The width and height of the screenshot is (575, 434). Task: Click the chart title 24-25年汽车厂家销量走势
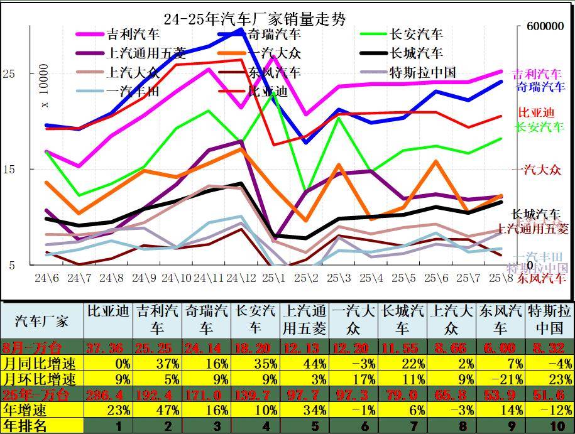[x=254, y=19]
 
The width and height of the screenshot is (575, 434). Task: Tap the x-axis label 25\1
[x=273, y=278]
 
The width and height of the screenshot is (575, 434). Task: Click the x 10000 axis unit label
[x=45, y=86]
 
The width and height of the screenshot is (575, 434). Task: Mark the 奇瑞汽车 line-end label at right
[x=540, y=86]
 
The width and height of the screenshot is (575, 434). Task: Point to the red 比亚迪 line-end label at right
[x=536, y=113]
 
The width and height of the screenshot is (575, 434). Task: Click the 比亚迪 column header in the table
[x=108, y=311]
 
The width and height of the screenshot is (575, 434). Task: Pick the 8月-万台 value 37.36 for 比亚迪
[x=108, y=347]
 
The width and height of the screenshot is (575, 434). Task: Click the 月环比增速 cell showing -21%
[x=500, y=379]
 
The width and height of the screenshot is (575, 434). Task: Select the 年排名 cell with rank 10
[x=549, y=425]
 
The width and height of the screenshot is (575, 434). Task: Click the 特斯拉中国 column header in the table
[x=549, y=319]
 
